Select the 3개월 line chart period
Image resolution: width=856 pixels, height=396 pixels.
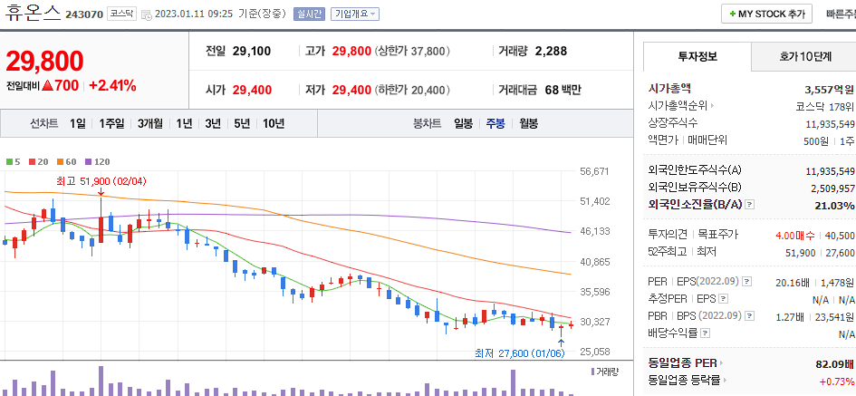click(150, 123)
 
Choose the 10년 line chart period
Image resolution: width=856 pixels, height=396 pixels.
click(273, 123)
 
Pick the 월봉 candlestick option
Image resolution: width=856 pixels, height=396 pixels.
click(528, 123)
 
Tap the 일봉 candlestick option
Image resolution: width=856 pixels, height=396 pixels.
click(463, 123)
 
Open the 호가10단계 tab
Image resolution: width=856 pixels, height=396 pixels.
click(804, 56)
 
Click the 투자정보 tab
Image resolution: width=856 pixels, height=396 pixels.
click(697, 56)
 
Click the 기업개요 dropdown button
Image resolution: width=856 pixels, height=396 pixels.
click(355, 14)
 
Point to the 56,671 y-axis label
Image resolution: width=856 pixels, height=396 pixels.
click(594, 171)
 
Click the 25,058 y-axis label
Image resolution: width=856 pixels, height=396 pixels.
click(594, 352)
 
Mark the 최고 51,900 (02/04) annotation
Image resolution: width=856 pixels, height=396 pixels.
click(101, 181)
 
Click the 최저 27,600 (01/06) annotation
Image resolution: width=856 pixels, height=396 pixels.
click(521, 353)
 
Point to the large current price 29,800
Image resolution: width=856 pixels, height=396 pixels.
click(44, 61)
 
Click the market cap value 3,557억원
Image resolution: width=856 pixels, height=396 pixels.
click(829, 90)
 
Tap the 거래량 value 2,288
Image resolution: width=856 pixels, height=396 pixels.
click(551, 51)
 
